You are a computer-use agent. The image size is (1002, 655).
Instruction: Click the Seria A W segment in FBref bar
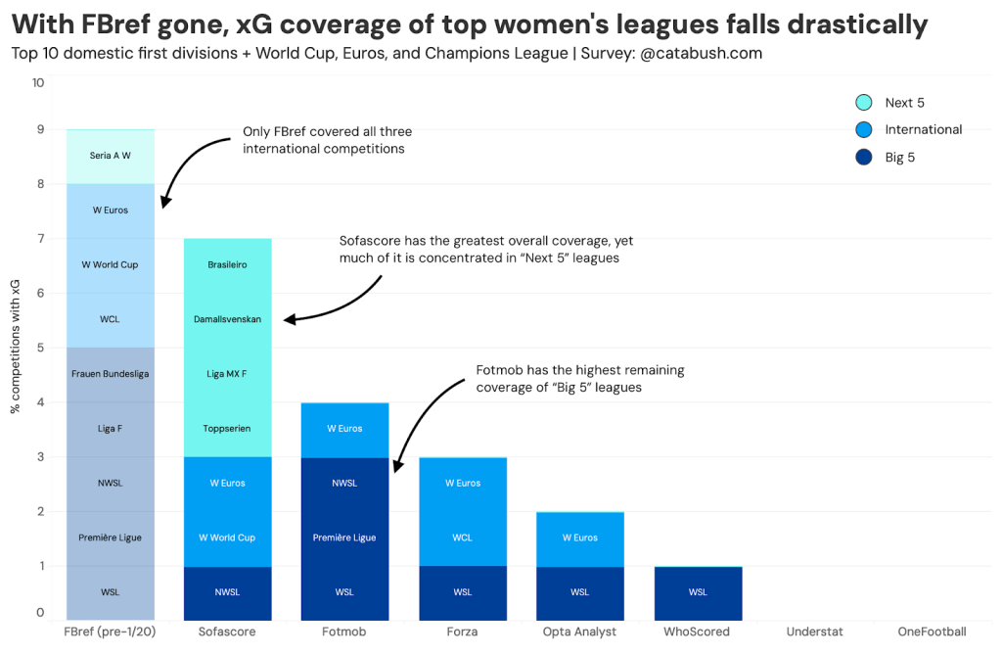click(110, 156)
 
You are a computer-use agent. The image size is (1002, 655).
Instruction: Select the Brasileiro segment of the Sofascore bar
click(227, 265)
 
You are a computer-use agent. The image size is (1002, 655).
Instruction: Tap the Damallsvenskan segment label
click(227, 319)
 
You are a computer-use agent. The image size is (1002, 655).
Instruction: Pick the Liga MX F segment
click(227, 374)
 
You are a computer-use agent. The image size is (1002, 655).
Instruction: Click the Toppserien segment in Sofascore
click(227, 429)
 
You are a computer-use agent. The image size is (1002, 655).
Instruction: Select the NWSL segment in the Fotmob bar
click(344, 483)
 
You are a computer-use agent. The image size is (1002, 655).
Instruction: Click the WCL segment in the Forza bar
click(462, 538)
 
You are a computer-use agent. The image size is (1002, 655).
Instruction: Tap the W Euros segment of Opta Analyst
click(579, 538)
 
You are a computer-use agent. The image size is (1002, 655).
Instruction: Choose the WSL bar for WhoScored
click(697, 591)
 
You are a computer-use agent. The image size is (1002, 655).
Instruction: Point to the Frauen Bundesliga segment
click(110, 374)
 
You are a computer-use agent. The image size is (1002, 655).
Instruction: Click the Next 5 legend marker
click(863, 103)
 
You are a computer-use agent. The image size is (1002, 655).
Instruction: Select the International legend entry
click(923, 129)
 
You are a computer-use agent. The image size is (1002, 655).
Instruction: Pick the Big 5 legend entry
click(899, 157)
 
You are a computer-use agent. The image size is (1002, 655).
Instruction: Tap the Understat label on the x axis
click(814, 632)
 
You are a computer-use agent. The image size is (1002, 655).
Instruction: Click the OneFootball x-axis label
click(932, 632)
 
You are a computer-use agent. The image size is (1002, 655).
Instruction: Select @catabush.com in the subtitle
click(702, 53)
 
